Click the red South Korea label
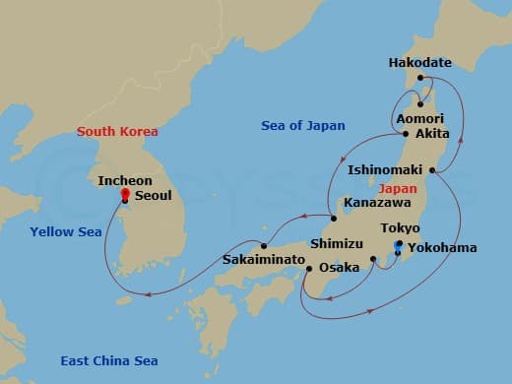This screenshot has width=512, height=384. click(x=118, y=131)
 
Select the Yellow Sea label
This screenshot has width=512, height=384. click(x=66, y=232)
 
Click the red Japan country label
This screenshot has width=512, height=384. click(x=398, y=187)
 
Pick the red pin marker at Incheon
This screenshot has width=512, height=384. click(x=124, y=195)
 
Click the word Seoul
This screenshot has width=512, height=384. click(x=153, y=196)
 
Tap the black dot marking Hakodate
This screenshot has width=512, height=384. click(x=420, y=78)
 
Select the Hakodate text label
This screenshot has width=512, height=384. click(x=419, y=62)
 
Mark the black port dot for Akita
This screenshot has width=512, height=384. click(x=406, y=133)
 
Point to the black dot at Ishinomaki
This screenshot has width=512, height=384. click(x=432, y=170)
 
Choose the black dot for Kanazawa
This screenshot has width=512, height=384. click(x=334, y=217)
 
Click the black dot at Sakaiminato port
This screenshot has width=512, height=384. click(x=263, y=245)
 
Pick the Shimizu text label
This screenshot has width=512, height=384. click(x=337, y=242)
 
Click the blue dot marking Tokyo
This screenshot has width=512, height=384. click(x=398, y=244)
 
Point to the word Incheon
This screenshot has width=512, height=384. click(x=125, y=181)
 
